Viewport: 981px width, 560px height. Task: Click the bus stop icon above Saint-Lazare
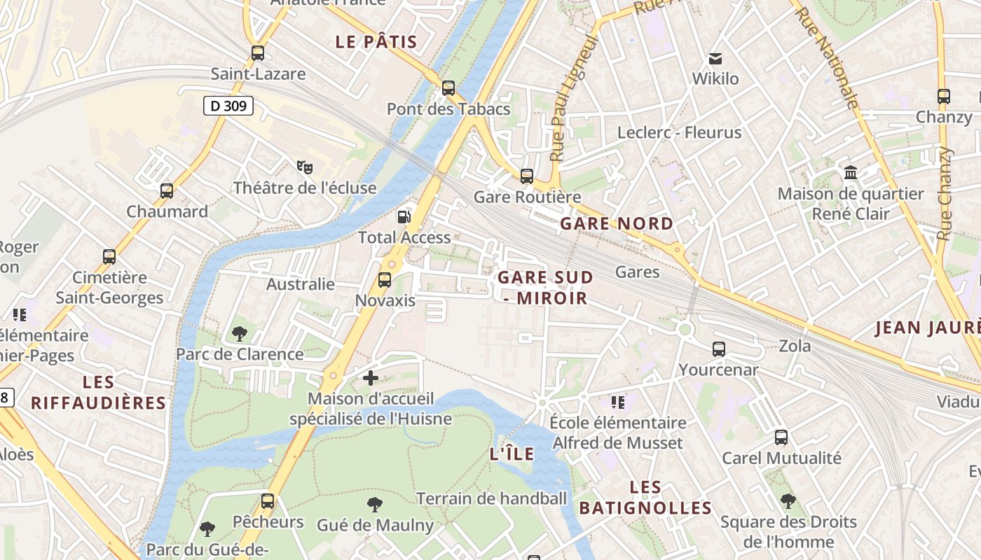[258, 52]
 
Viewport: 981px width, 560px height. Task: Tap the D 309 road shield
[228, 106]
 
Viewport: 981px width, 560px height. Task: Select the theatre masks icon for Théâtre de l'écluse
[304, 167]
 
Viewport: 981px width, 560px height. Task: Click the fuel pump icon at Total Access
[404, 216]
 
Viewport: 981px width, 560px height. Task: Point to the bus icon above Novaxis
[385, 280]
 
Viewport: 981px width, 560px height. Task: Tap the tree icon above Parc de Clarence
[240, 333]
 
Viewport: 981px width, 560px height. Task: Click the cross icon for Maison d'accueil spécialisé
[370, 379]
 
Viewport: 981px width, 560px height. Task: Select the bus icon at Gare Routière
[527, 176]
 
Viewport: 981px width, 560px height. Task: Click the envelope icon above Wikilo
[715, 58]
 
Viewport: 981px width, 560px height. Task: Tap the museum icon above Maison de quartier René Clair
[851, 172]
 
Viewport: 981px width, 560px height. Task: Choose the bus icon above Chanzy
[944, 97]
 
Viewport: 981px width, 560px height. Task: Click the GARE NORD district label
[617, 224]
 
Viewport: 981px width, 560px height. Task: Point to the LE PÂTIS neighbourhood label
[376, 42]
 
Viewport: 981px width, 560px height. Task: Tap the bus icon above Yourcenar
[719, 349]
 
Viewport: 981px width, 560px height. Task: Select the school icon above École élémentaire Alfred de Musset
[617, 402]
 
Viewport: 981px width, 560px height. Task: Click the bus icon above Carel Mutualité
[781, 437]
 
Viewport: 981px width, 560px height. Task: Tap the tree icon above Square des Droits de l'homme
[788, 501]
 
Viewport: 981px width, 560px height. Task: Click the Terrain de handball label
[491, 499]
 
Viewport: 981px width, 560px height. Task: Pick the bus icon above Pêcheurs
[268, 501]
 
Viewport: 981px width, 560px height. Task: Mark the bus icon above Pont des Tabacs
[448, 88]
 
